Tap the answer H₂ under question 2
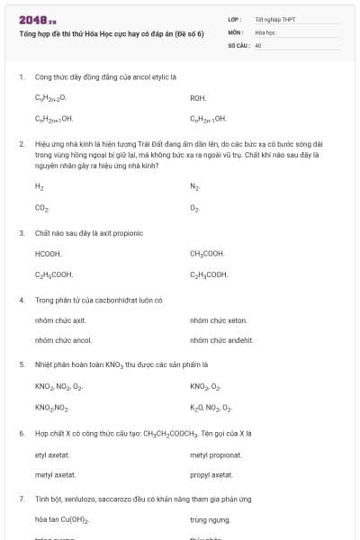(x=39, y=187)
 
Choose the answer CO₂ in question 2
(x=41, y=208)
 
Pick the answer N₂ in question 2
(x=194, y=187)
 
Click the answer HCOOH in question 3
(x=48, y=254)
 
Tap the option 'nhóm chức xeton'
(x=218, y=319)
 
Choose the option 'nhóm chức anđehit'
(x=221, y=340)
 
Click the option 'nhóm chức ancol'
(x=63, y=340)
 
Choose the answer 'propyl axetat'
(x=211, y=474)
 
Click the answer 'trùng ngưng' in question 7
(x=205, y=520)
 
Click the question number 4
(x=21, y=300)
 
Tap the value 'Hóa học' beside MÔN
(x=265, y=31)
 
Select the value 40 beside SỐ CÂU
(x=258, y=45)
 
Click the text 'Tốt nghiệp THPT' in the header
(x=274, y=19)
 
